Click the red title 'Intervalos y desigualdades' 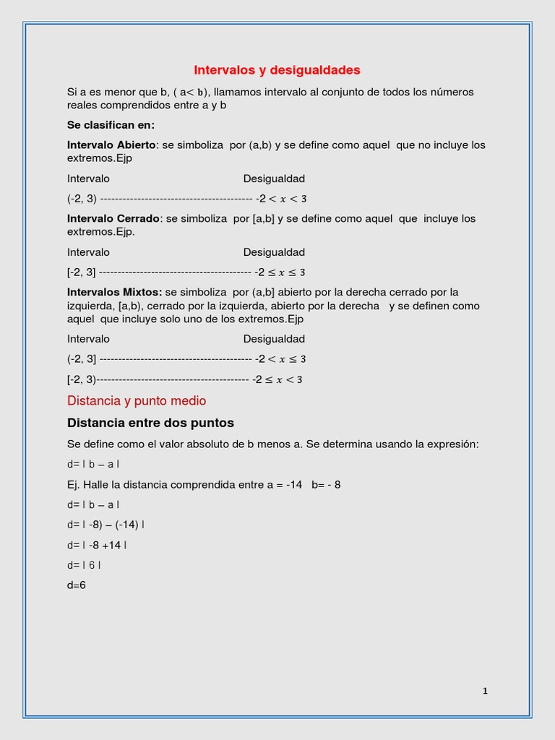click(277, 70)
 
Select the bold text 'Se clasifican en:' click(111, 124)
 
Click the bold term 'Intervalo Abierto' click(111, 145)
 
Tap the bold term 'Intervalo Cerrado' click(113, 218)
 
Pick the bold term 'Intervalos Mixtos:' click(115, 292)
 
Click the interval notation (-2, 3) click(82, 199)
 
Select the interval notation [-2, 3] click(81, 272)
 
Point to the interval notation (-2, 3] click(82, 359)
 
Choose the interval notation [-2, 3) click(81, 379)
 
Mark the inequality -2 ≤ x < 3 click(277, 379)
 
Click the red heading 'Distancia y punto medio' click(137, 400)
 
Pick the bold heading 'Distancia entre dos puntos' click(150, 423)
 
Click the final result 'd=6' click(77, 585)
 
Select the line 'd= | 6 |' click(84, 565)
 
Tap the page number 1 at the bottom click(485, 691)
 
